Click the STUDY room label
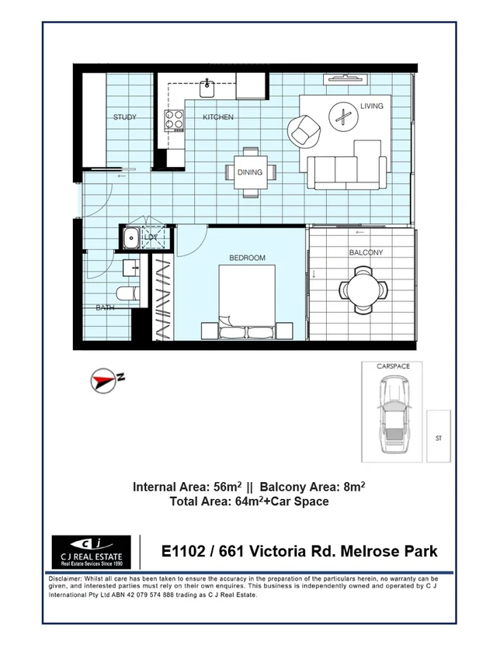[124, 118]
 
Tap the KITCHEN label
[218, 118]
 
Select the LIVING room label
[372, 106]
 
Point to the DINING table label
[249, 172]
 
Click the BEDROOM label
[247, 258]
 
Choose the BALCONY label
[365, 253]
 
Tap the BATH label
[105, 308]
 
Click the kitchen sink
[207, 86]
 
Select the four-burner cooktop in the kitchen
[174, 120]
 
